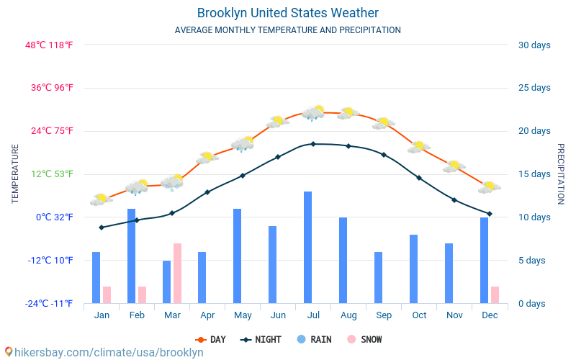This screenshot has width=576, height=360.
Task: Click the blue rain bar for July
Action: (308, 247)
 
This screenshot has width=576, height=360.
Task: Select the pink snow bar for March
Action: (177, 274)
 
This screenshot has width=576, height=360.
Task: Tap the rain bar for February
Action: (132, 256)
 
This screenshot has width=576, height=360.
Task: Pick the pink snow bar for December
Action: (495, 295)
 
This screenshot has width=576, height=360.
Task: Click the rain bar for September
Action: (379, 278)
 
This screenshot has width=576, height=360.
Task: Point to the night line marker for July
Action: (313, 144)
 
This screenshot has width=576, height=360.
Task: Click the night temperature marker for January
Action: (102, 228)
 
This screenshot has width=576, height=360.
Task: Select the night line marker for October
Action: (419, 178)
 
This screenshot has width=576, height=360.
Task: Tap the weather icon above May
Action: (243, 143)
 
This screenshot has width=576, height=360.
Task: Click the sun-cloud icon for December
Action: (490, 187)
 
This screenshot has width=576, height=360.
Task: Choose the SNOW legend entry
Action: (364, 339)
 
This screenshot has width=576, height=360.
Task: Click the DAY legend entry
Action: (210, 339)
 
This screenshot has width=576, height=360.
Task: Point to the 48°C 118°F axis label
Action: (49, 45)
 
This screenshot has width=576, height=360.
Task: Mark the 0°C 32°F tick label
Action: (55, 217)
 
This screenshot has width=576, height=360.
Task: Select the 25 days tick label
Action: (534, 87)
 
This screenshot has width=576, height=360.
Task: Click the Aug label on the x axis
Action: (348, 315)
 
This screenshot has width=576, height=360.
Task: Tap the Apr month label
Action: (207, 315)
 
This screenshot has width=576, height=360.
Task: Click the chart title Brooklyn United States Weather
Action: (288, 13)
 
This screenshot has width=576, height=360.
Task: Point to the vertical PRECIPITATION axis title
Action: (561, 174)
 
